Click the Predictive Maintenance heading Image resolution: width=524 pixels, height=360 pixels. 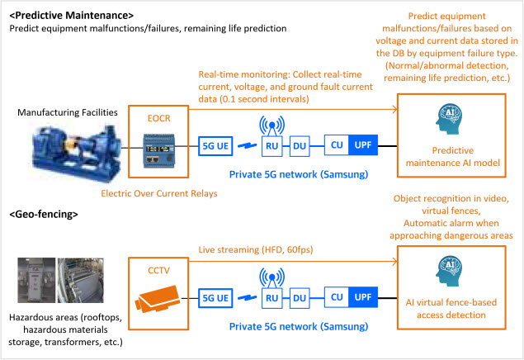pyautogui.click(x=72, y=16)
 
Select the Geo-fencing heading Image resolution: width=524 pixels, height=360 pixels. pyautogui.click(x=44, y=214)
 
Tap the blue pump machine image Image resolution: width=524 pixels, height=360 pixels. pyautogui.click(x=76, y=152)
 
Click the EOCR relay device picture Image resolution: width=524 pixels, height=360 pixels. pyautogui.click(x=159, y=150)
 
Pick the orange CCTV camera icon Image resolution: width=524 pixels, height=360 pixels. pyautogui.click(x=157, y=298)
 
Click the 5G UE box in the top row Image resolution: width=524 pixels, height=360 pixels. pyautogui.click(x=215, y=146)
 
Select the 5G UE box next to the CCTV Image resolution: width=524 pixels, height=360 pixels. pyautogui.click(x=215, y=298)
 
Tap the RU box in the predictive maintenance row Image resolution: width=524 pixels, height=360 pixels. pyautogui.click(x=272, y=146)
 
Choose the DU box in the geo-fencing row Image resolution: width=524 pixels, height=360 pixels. pyautogui.click(x=300, y=298)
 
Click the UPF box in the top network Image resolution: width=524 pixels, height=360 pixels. pyautogui.click(x=363, y=145)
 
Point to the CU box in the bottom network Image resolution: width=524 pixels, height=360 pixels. pyautogui.click(x=337, y=297)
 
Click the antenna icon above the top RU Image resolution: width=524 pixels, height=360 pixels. pyautogui.click(x=272, y=126)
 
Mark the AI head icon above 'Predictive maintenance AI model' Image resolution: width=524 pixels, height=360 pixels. pyautogui.click(x=449, y=119)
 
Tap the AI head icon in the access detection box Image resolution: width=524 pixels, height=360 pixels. pyautogui.click(x=449, y=271)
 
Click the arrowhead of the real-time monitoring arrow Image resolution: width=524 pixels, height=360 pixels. pyautogui.click(x=395, y=109)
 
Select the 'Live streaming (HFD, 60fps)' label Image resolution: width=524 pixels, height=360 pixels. pyautogui.click(x=256, y=249)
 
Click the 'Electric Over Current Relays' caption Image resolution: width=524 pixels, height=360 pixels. pyautogui.click(x=159, y=193)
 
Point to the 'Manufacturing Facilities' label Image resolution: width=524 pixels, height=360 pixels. pyautogui.click(x=68, y=112)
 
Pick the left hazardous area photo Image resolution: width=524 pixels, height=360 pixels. pyautogui.click(x=36, y=280)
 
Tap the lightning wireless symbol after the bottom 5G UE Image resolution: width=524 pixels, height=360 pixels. pyautogui.click(x=248, y=297)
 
